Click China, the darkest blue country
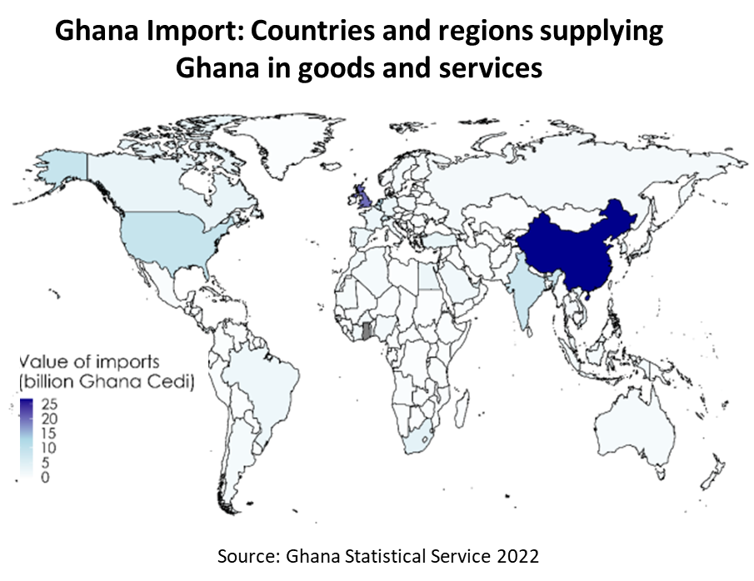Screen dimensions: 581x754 pyautogui.click(x=575, y=250)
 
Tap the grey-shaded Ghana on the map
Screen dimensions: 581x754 pyautogui.click(x=366, y=330)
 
